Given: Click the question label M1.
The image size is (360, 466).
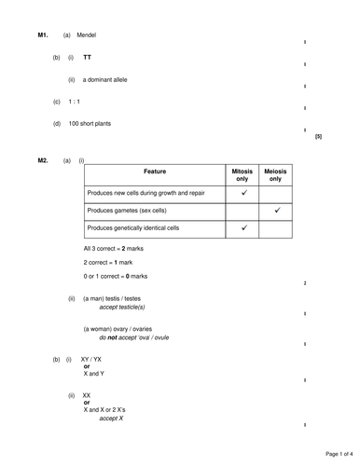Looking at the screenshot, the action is [x=42, y=34].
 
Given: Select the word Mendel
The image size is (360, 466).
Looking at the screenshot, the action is [x=86, y=34].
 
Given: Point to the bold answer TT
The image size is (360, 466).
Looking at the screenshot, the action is [x=88, y=58].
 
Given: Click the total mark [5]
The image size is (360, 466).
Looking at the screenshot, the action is [x=318, y=137].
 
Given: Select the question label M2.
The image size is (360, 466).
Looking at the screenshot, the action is [x=42, y=160].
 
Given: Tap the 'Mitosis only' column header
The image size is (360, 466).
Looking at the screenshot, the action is [x=242, y=174].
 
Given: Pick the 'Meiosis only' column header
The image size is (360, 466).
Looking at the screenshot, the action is [x=277, y=174].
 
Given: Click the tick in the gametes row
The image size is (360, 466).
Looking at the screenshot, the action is [x=277, y=211].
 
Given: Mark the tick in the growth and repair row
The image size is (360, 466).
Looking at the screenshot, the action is [x=242, y=193].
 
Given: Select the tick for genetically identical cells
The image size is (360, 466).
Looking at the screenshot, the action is [x=242, y=227].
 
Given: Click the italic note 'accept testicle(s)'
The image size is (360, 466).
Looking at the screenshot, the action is [x=122, y=307].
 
